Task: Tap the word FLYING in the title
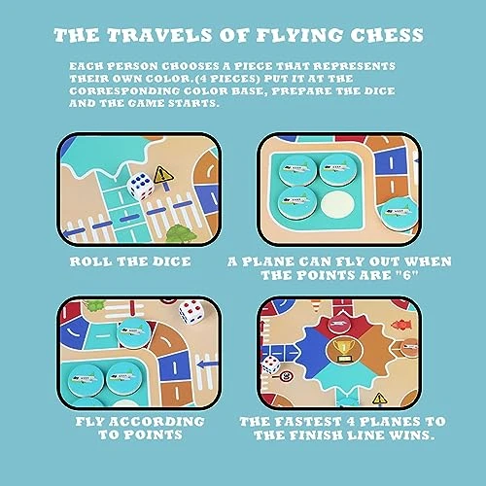pos(299,35)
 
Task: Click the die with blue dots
pos(140,186)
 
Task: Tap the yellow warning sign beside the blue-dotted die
pos(163,175)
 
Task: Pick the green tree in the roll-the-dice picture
pos(181,233)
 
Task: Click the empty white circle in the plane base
pos(337,204)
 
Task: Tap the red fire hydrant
pos(401,325)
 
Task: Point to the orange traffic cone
pos(317,306)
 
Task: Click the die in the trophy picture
pos(270,364)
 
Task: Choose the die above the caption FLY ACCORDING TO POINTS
pos(191,311)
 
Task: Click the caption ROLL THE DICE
pos(130,261)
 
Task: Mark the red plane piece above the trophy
pos(338,325)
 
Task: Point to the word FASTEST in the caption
pos(308,422)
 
